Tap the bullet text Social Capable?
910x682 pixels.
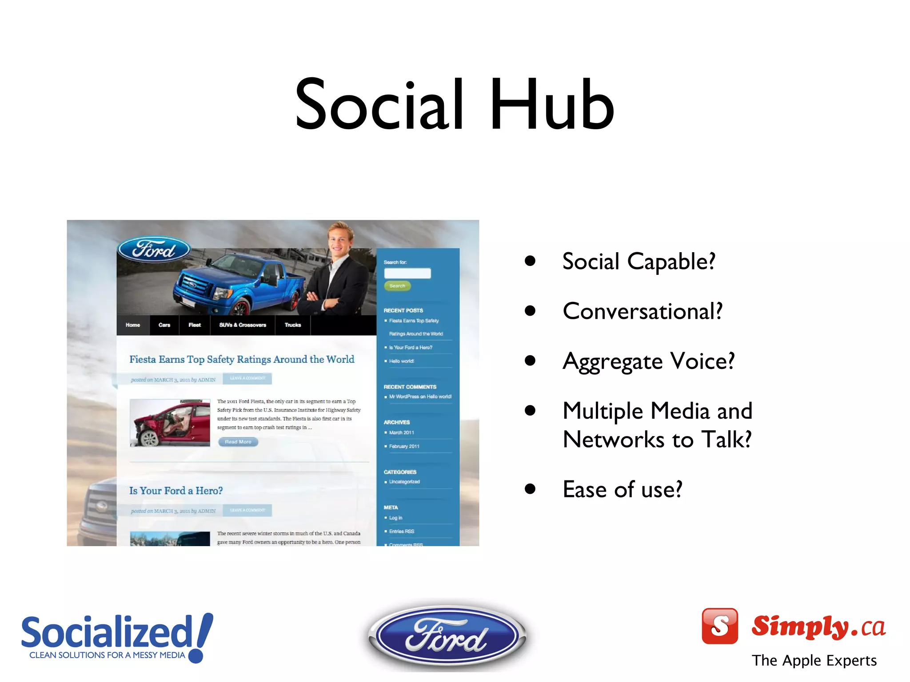(639, 261)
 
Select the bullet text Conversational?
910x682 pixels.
(642, 311)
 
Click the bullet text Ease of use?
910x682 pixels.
(622, 489)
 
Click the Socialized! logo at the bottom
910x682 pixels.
(116, 637)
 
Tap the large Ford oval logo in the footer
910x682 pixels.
(447, 636)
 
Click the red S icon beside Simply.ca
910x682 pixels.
(719, 626)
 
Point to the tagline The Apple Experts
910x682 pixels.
(814, 661)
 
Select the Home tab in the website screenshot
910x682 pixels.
(133, 325)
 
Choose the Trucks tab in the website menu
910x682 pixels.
(293, 325)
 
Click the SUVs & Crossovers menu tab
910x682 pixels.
(243, 325)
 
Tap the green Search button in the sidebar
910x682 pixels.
(397, 286)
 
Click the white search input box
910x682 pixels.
(407, 273)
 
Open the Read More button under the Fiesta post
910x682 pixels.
(238, 442)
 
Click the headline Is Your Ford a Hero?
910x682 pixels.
(176, 491)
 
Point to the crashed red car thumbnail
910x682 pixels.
(170, 423)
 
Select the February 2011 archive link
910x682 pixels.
(404, 446)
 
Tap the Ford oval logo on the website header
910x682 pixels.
(154, 250)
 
